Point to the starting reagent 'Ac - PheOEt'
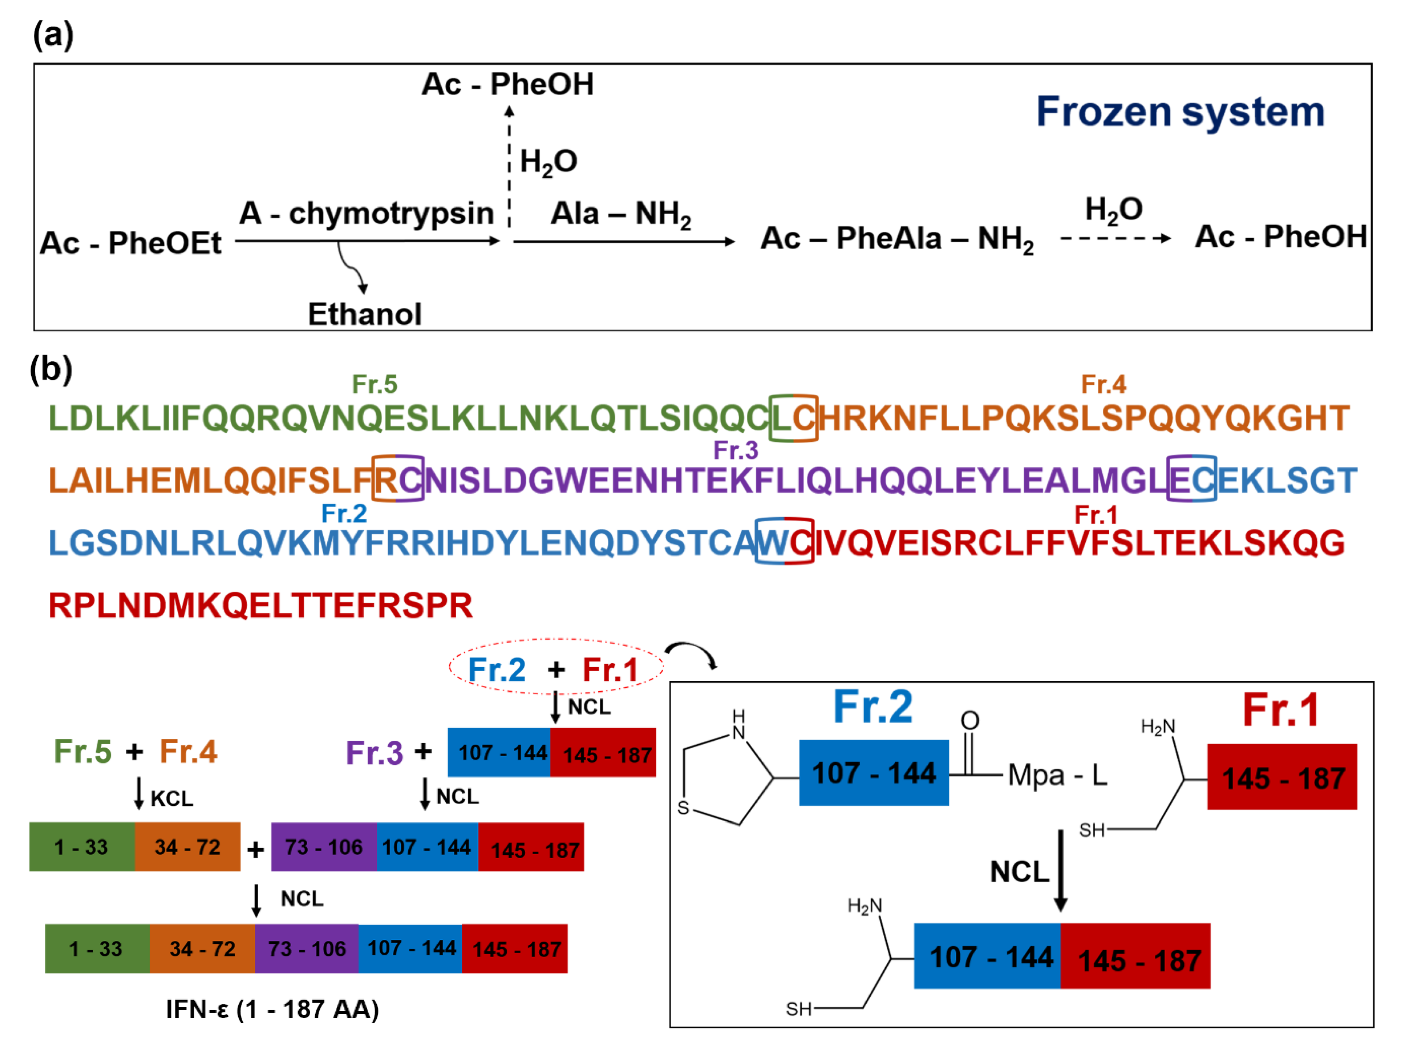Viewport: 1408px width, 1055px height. click(130, 243)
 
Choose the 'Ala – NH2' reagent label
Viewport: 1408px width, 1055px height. click(621, 214)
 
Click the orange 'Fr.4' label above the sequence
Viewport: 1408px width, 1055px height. click(1103, 384)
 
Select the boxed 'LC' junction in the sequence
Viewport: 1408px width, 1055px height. click(793, 418)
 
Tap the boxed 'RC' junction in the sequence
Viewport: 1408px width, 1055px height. click(398, 479)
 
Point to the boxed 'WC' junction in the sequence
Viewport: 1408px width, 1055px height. click(784, 542)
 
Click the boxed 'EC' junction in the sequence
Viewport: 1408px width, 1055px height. click(1191, 479)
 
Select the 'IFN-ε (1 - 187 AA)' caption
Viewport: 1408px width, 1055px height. click(272, 1009)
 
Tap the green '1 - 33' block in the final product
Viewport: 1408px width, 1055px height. click(97, 949)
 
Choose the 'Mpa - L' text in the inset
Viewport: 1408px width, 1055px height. click(1057, 775)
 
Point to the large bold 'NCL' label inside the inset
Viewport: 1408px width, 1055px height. click(1019, 872)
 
